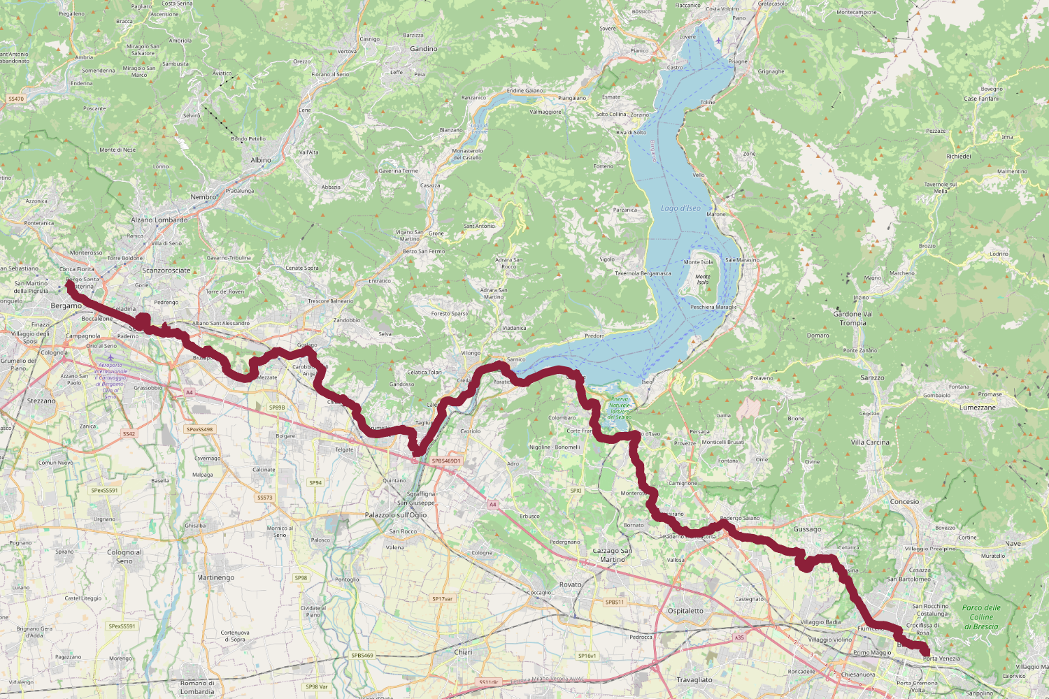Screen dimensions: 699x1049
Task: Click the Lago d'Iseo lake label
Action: (x=680, y=208)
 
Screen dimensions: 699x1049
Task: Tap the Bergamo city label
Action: (x=66, y=306)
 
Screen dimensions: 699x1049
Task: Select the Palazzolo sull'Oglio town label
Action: (x=396, y=515)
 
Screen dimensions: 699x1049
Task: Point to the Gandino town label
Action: (x=424, y=49)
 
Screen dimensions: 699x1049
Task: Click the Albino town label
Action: (x=261, y=160)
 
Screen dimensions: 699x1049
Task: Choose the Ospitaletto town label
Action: (x=685, y=611)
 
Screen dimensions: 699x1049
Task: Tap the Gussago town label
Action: (x=807, y=529)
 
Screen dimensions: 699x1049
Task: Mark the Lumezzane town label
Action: (x=978, y=408)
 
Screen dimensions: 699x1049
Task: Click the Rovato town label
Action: (x=571, y=584)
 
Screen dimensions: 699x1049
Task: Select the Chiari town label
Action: (x=463, y=652)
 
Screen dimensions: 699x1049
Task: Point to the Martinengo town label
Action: (x=216, y=577)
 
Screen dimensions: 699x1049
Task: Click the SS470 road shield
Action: (x=16, y=99)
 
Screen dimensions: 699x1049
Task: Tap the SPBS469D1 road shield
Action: (x=446, y=461)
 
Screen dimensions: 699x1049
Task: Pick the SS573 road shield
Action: (x=265, y=498)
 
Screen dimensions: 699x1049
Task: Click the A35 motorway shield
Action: (x=739, y=637)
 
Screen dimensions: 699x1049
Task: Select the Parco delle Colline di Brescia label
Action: (x=981, y=617)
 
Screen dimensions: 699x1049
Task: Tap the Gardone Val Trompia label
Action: (x=852, y=318)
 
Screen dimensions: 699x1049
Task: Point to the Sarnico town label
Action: (x=516, y=359)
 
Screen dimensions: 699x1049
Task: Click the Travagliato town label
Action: (x=694, y=679)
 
